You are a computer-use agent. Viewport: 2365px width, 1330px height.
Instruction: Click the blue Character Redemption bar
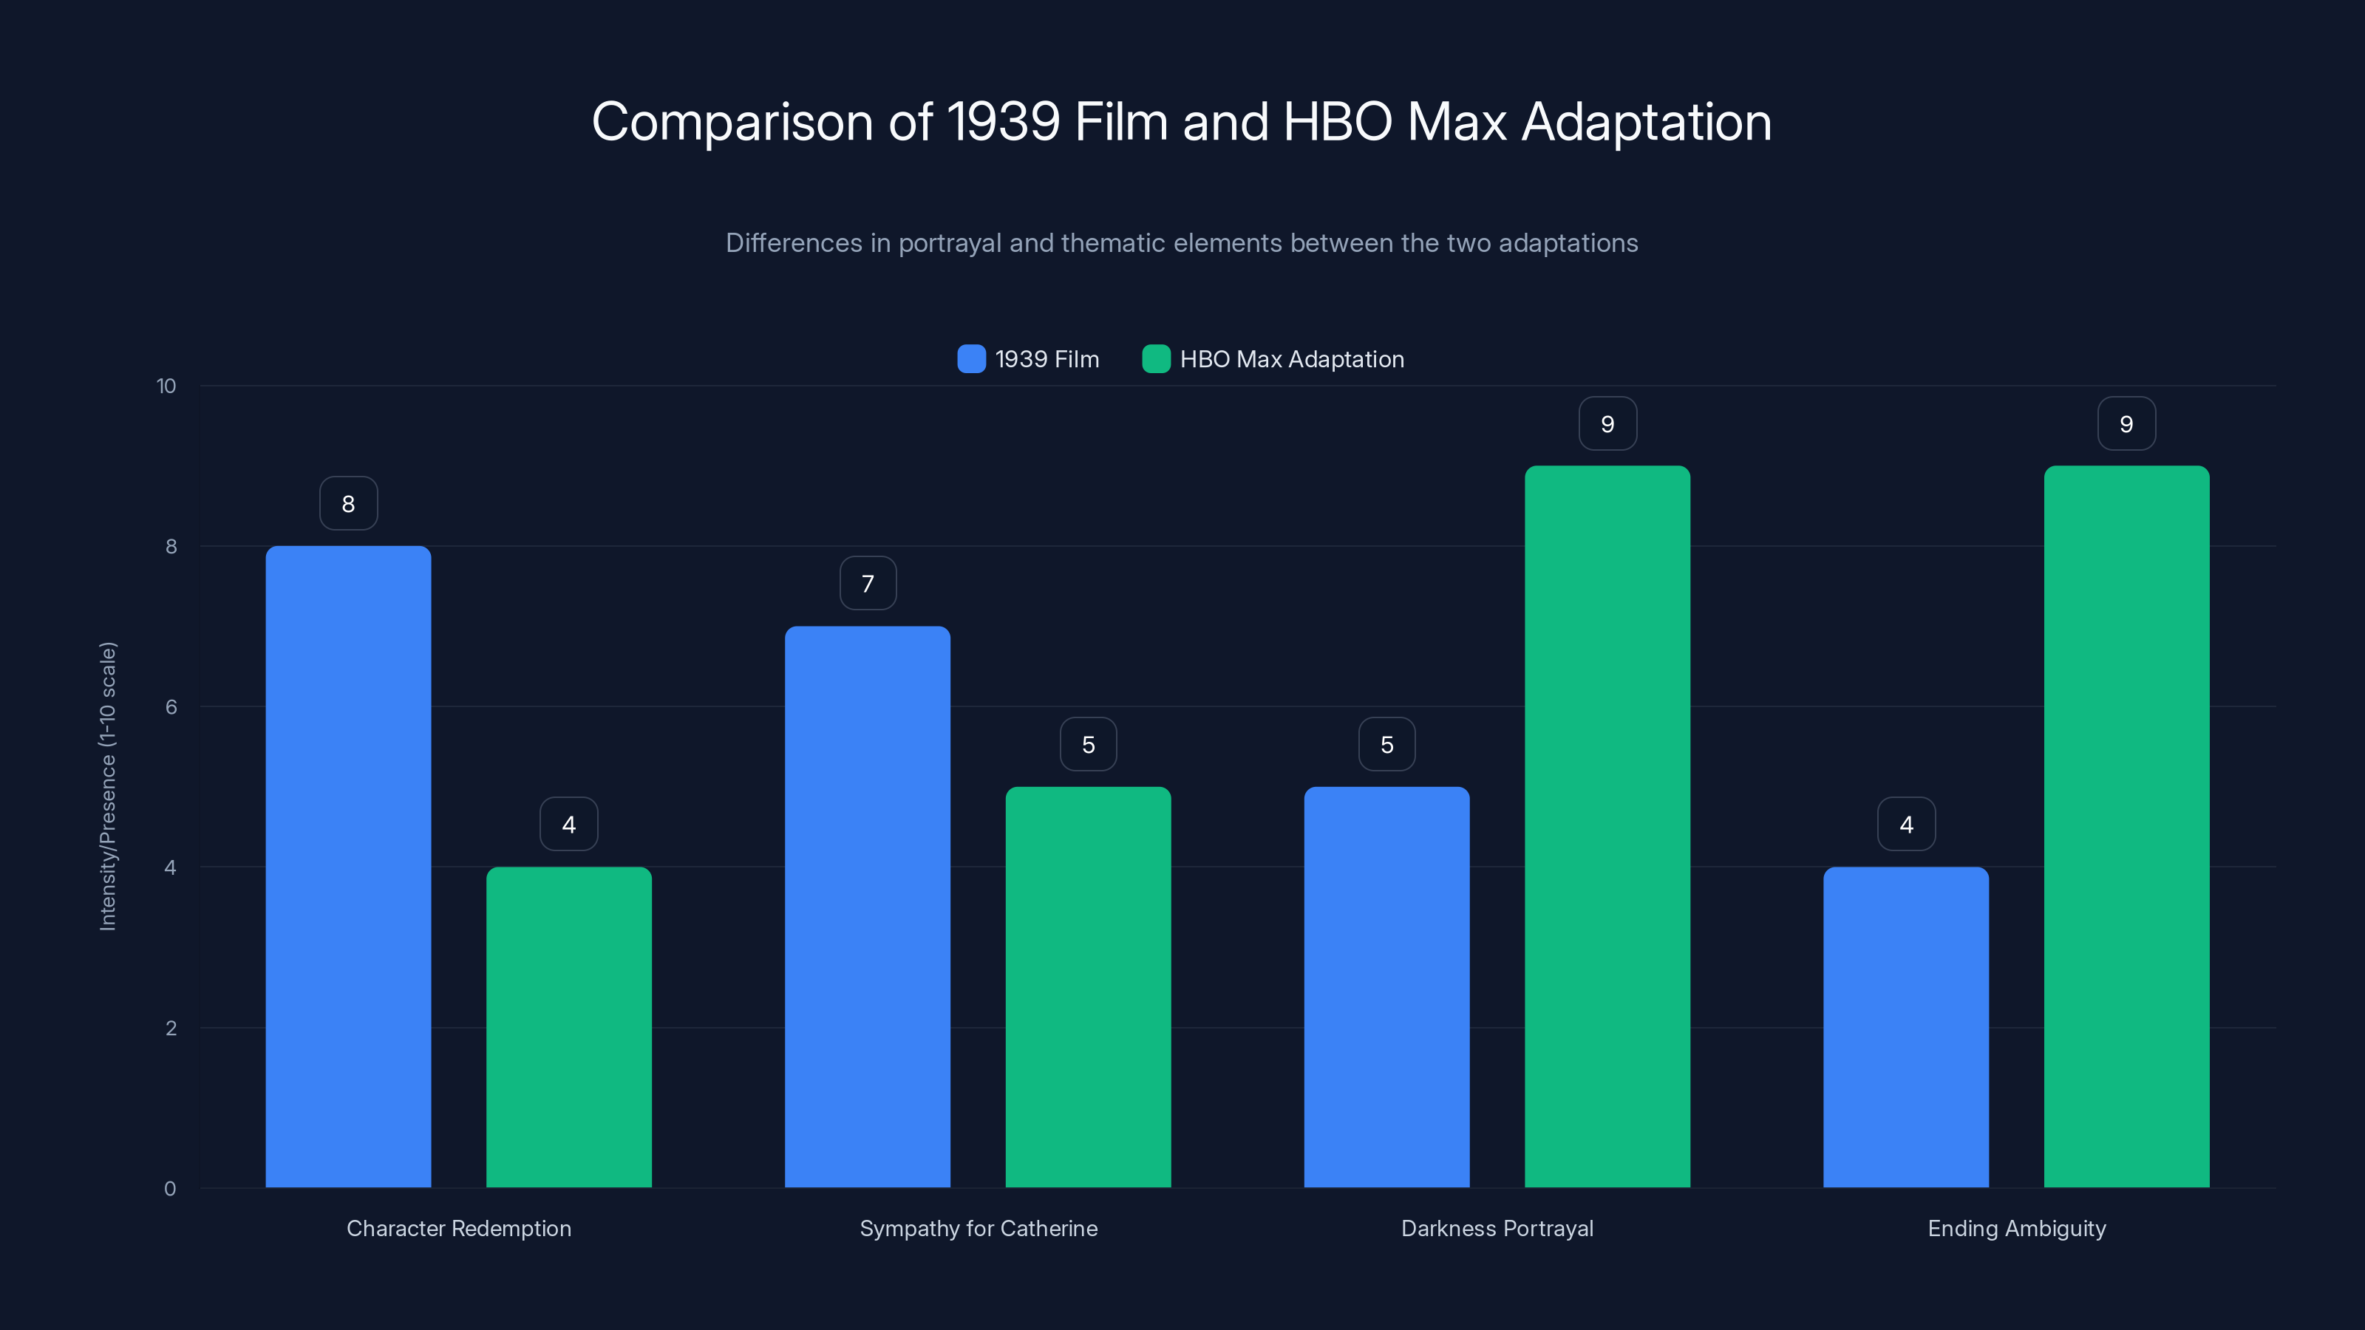click(x=348, y=867)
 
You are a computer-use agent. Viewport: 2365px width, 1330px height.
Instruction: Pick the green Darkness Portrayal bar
click(x=1607, y=826)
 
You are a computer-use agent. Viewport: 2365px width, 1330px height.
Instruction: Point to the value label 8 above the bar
click(x=348, y=503)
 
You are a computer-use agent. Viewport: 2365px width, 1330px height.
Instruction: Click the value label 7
click(x=867, y=583)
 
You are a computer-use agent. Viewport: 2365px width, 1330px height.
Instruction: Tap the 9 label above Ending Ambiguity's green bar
click(x=2126, y=423)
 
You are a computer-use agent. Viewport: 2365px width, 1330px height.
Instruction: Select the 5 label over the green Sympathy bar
click(x=1088, y=743)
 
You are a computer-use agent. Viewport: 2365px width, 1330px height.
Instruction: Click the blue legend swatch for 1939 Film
click(x=970, y=359)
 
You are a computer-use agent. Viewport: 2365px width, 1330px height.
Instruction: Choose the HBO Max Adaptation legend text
click(x=1291, y=359)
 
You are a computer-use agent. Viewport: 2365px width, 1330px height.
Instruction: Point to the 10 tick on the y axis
click(x=166, y=386)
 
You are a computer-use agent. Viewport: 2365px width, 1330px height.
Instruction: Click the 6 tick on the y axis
click(x=171, y=707)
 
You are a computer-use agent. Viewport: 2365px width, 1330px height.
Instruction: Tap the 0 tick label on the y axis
click(x=170, y=1189)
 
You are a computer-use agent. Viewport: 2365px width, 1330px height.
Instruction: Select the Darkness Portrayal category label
click(x=1497, y=1228)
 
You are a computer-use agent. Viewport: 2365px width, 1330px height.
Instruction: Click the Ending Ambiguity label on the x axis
click(x=2016, y=1228)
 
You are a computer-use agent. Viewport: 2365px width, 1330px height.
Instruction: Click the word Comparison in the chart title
click(x=732, y=122)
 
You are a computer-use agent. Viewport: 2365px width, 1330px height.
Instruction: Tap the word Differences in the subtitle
click(x=793, y=243)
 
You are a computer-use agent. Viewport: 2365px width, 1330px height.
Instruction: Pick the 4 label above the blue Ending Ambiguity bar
click(x=1906, y=825)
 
